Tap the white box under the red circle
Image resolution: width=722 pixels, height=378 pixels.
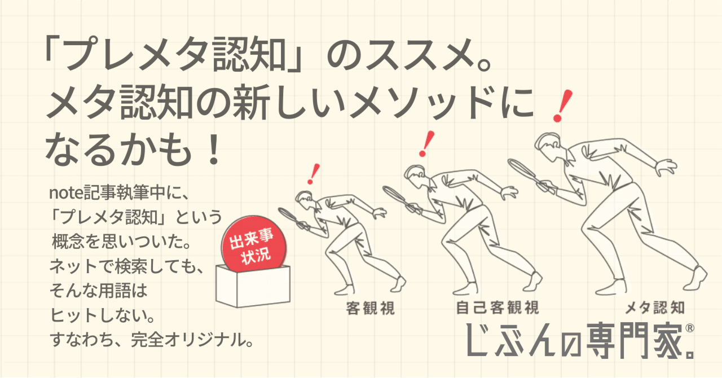tap(253, 288)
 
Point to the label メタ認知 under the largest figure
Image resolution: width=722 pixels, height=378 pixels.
tap(654, 308)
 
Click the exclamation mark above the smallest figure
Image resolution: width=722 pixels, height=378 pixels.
tap(314, 174)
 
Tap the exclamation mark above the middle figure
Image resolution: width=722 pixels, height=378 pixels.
tap(428, 143)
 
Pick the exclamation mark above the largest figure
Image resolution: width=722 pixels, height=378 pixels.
tap(560, 107)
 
